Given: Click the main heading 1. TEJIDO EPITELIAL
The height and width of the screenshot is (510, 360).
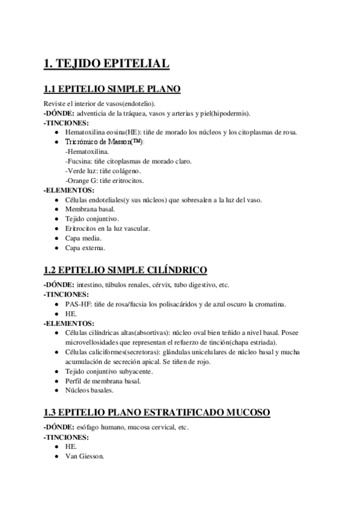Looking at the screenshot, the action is pos(106,63).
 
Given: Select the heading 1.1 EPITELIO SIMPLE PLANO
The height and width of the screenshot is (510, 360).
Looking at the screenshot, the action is pos(112,90).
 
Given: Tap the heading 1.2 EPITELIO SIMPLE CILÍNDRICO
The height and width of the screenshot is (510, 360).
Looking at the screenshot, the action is pos(125,269).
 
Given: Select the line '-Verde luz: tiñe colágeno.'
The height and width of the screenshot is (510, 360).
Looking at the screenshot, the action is pos(103,171).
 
